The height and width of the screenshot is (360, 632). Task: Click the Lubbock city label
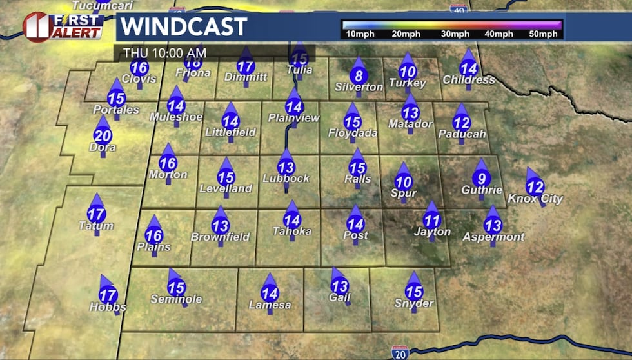288,179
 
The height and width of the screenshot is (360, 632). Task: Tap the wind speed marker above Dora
103,135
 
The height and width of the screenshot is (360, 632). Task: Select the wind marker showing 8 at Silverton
359,75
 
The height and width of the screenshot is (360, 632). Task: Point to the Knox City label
535,199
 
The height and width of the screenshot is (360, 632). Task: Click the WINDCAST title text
184,27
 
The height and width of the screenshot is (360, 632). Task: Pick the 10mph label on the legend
360,34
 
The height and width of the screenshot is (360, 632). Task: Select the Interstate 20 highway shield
399,352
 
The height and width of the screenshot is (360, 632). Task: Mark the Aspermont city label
493,237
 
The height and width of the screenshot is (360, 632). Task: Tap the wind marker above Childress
468,67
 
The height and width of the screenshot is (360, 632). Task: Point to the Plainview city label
293,119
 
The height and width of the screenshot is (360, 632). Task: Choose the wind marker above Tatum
96,213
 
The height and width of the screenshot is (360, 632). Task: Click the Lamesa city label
270,305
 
